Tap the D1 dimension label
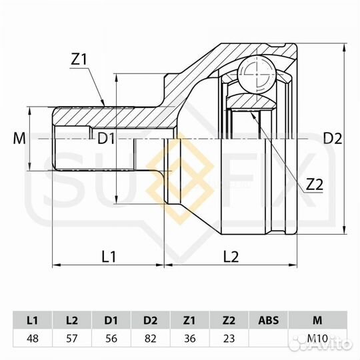pos(107,139)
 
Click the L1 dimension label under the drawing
pos(109,255)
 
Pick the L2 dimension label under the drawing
pos(231,255)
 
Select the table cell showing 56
pos(112,338)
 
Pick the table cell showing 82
pos(151,338)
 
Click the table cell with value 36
pos(191,338)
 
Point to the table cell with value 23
pos(229,338)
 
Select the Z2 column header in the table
pos(229,321)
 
